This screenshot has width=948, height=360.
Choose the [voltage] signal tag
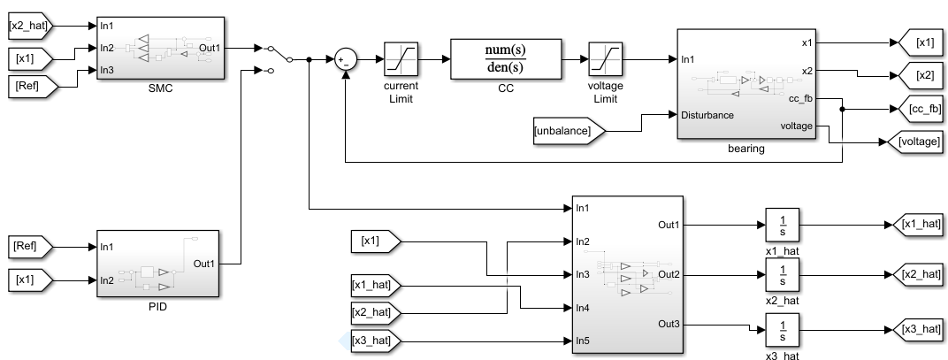[919, 141]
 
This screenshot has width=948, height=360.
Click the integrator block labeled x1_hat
[782, 226]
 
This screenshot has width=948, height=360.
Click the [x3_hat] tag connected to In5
[375, 340]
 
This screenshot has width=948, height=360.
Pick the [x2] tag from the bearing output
[920, 75]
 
